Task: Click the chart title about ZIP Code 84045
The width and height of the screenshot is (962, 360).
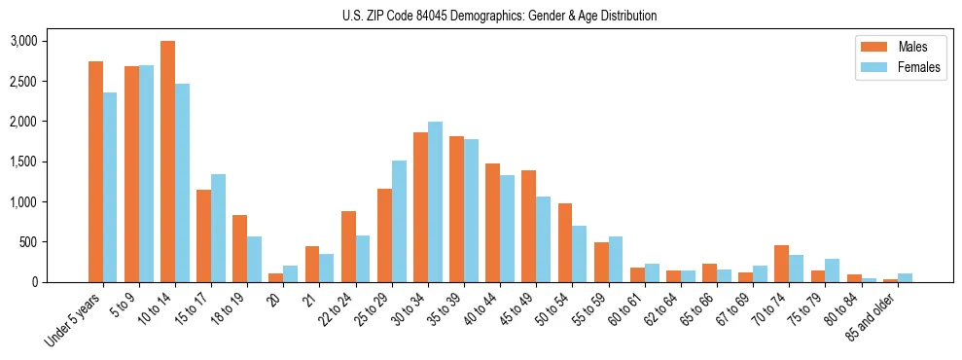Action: coord(499,16)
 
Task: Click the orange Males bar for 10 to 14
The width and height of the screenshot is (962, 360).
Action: coord(167,162)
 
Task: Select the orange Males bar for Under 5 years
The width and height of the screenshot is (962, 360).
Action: coord(95,171)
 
